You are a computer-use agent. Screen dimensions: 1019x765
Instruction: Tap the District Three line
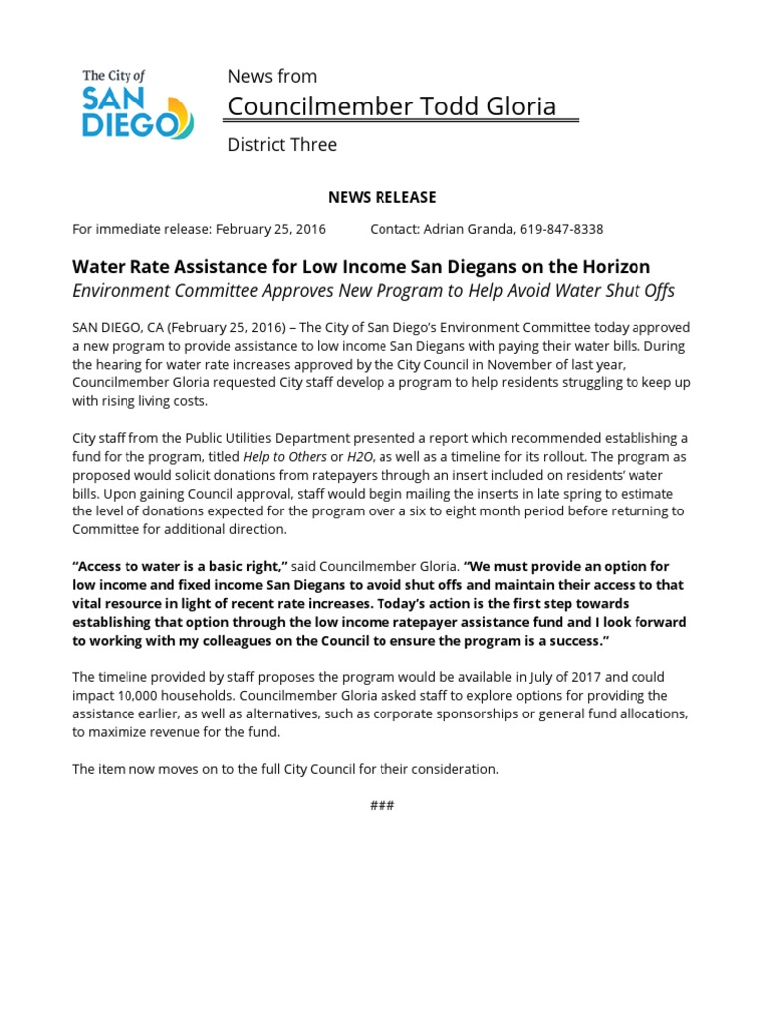282,145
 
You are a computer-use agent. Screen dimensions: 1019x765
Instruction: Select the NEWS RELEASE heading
382,197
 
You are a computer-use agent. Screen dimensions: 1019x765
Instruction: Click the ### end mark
382,805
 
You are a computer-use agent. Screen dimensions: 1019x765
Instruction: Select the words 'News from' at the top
272,76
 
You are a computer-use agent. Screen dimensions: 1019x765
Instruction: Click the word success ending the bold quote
570,639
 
